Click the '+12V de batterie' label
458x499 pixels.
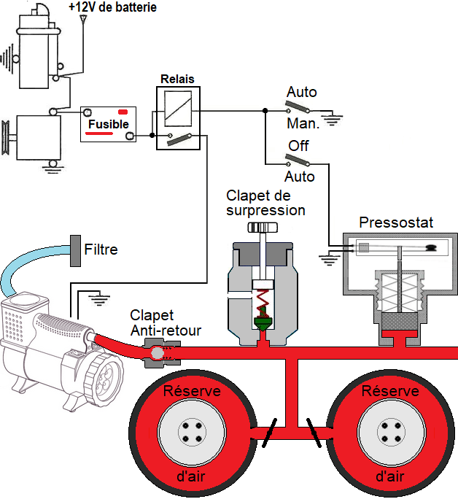pos(112,8)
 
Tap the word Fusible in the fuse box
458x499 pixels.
pos(109,124)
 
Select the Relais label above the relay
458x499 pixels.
pos(177,80)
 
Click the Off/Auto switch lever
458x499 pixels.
pos(298,160)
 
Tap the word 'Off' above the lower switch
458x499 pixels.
pos(299,146)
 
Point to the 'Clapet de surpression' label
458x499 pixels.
pos(265,203)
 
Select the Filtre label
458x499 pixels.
pos(101,249)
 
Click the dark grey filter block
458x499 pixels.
pos(75,250)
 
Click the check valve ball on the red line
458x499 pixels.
pos(155,353)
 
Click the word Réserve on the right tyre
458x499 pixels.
pos(390,391)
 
